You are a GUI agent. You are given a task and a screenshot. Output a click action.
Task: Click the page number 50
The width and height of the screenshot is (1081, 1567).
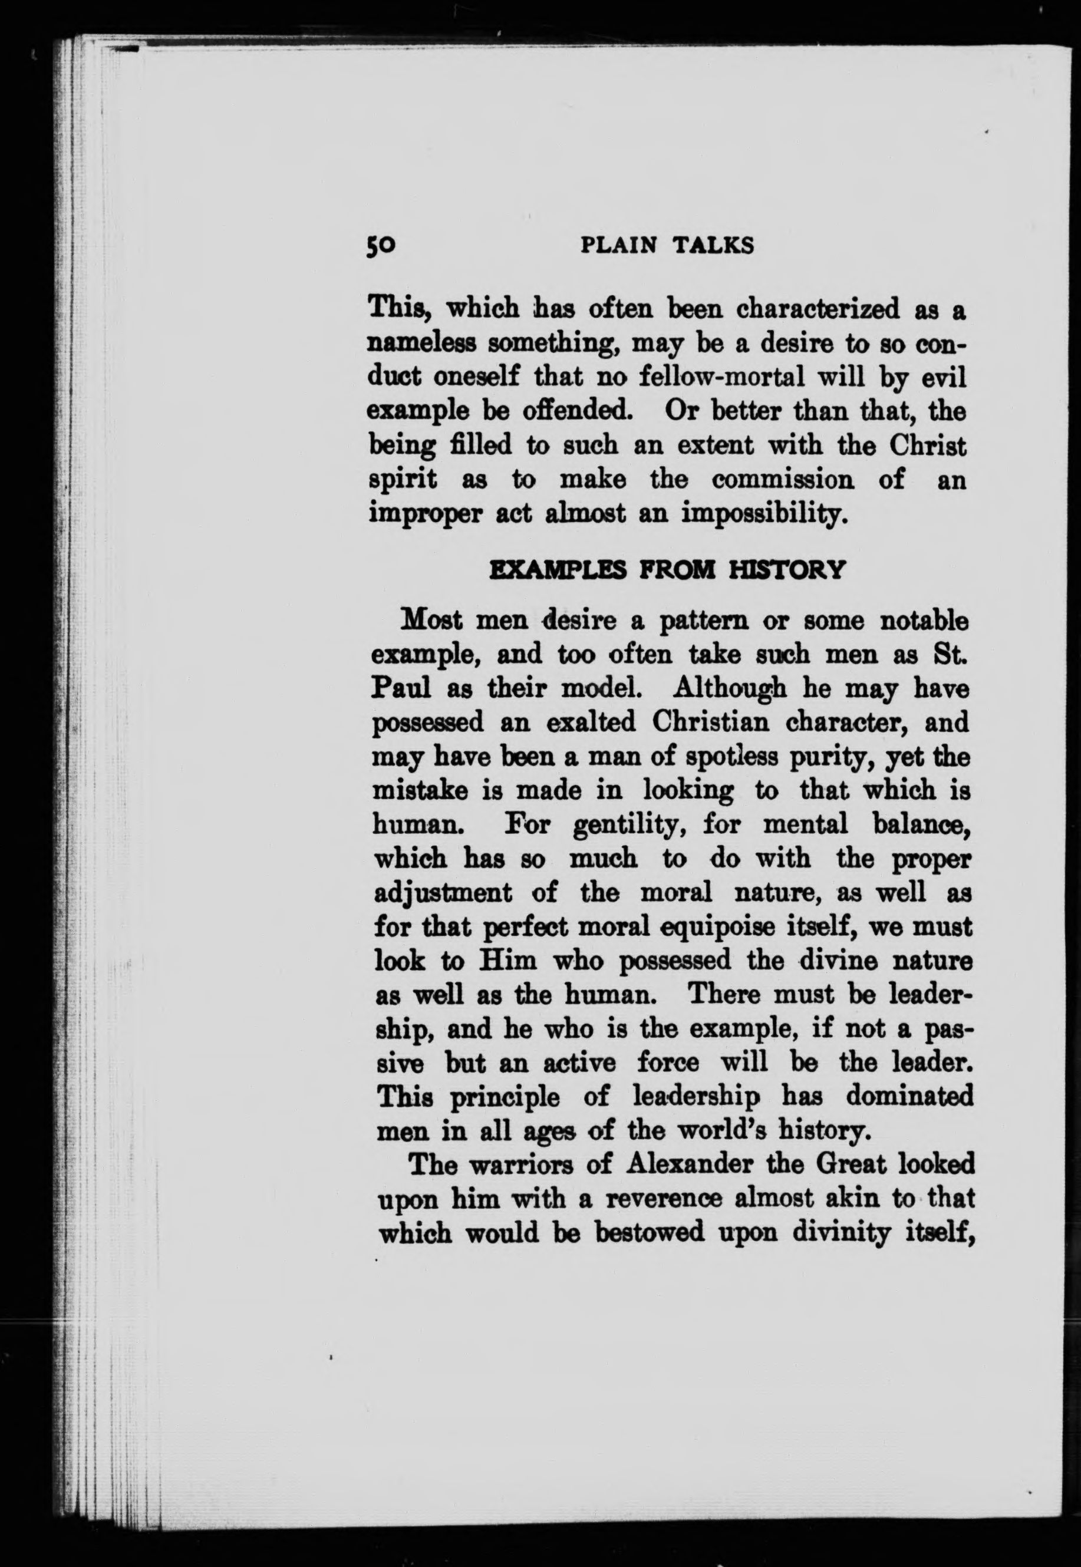tap(381, 245)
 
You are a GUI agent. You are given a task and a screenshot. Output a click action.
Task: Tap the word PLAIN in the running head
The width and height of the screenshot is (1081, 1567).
tap(618, 245)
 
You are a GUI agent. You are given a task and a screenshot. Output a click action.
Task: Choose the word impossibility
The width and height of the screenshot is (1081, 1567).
tap(764, 514)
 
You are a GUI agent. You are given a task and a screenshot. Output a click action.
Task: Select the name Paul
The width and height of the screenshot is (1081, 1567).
tap(401, 689)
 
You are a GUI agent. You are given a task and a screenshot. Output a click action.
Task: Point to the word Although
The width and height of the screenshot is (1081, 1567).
tap(730, 689)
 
